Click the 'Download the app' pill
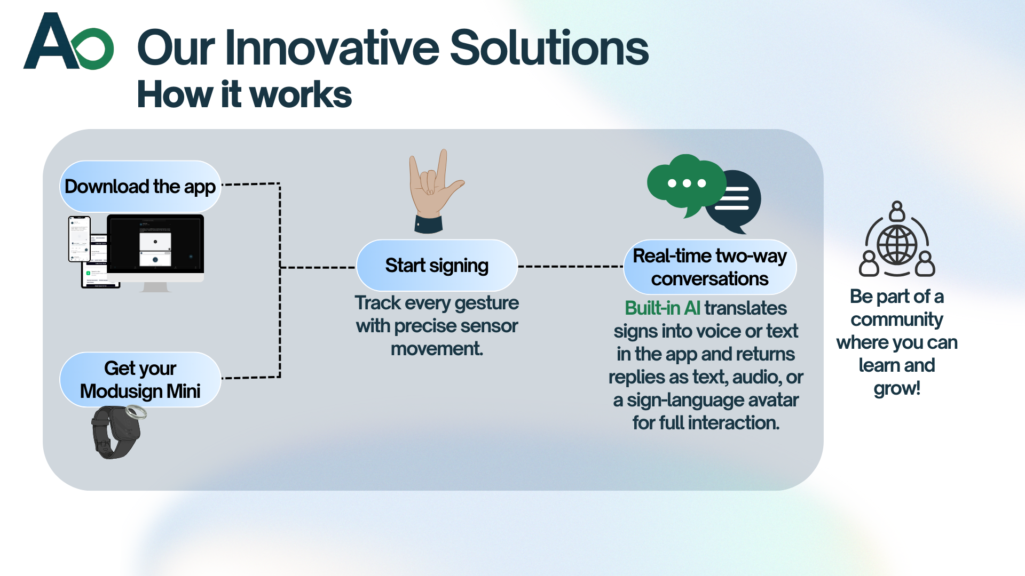coord(140,186)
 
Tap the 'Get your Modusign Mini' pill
coord(140,379)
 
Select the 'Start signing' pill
coord(437,265)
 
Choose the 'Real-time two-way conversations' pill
coord(709,267)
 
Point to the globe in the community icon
coord(897,245)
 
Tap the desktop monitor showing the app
coord(155,251)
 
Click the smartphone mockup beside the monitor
coord(80,239)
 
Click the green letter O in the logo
coord(94,49)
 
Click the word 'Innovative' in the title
coord(332,47)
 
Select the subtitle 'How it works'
coord(245,94)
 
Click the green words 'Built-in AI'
coord(663,308)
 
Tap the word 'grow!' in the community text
coord(897,388)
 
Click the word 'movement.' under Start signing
coord(437,349)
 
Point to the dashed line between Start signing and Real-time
coord(571,266)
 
